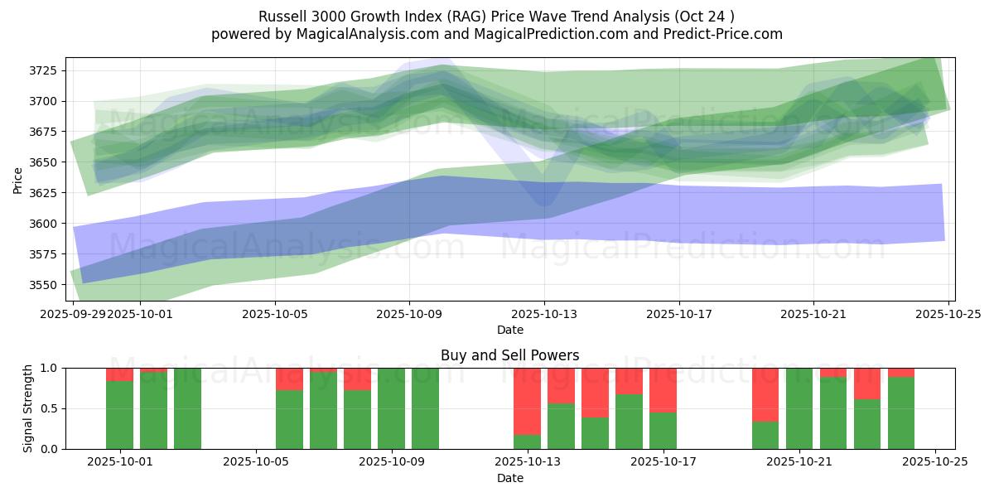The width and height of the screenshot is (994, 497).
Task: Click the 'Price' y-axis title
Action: (x=18, y=179)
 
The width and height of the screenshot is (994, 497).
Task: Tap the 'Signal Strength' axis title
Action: (x=28, y=408)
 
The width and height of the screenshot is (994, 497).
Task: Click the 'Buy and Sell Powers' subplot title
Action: (x=509, y=355)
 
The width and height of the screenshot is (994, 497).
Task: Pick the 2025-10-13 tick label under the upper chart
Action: (x=544, y=315)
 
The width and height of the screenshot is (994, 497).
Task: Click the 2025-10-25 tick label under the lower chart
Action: (x=935, y=462)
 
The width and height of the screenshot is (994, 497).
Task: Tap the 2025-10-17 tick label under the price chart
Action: (x=679, y=315)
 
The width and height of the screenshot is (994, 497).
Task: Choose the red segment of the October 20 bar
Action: (x=765, y=394)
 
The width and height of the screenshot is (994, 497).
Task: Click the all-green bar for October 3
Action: (x=187, y=408)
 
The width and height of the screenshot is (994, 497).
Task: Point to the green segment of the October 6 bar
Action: (x=289, y=419)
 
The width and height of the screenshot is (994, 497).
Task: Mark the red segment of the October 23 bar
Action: (x=867, y=384)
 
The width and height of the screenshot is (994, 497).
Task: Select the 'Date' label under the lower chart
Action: (x=509, y=478)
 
